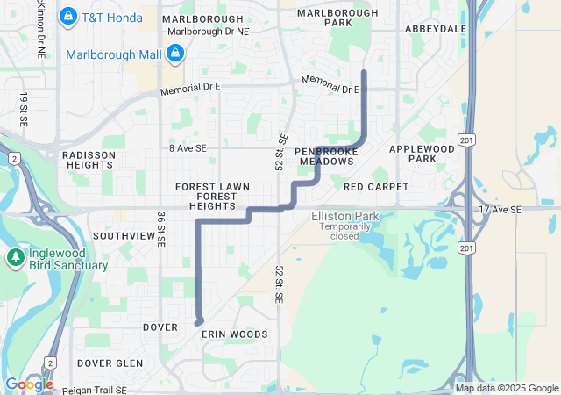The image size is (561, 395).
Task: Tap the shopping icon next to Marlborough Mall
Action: (x=175, y=54)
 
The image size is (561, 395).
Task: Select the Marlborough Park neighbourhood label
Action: (x=324, y=18)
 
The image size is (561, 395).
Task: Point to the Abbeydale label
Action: (x=436, y=29)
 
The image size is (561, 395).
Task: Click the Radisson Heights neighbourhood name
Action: (x=89, y=160)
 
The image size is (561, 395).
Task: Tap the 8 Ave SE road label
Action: (x=188, y=149)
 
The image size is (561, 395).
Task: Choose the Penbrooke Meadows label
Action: (x=326, y=156)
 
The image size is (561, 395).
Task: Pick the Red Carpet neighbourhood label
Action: (x=376, y=187)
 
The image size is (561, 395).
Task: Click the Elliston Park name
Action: (x=344, y=216)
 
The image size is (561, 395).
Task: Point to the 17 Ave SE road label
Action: (x=501, y=210)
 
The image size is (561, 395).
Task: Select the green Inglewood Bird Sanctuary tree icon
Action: (x=15, y=257)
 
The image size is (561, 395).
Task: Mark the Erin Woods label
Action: (x=234, y=334)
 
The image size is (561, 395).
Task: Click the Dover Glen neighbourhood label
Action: (x=110, y=363)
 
